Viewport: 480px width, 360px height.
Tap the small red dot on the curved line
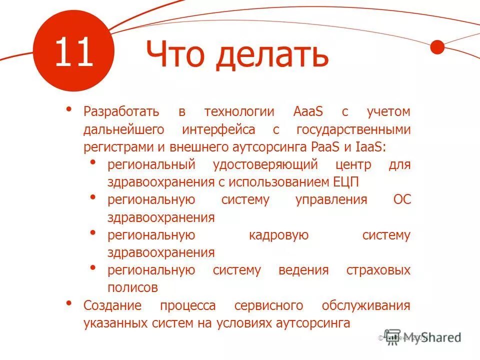pos(437,47)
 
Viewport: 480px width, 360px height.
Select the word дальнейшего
pos(124,130)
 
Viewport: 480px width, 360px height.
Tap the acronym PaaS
pos(327,147)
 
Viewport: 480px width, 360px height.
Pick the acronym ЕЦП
pos(345,182)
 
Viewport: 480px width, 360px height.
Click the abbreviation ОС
pos(401,200)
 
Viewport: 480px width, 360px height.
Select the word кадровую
pos(278,235)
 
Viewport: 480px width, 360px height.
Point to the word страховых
pos(378,270)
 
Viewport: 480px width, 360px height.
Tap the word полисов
pos(133,288)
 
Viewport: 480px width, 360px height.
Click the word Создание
pos(112,305)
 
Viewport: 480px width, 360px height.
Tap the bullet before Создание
pos(69,303)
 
